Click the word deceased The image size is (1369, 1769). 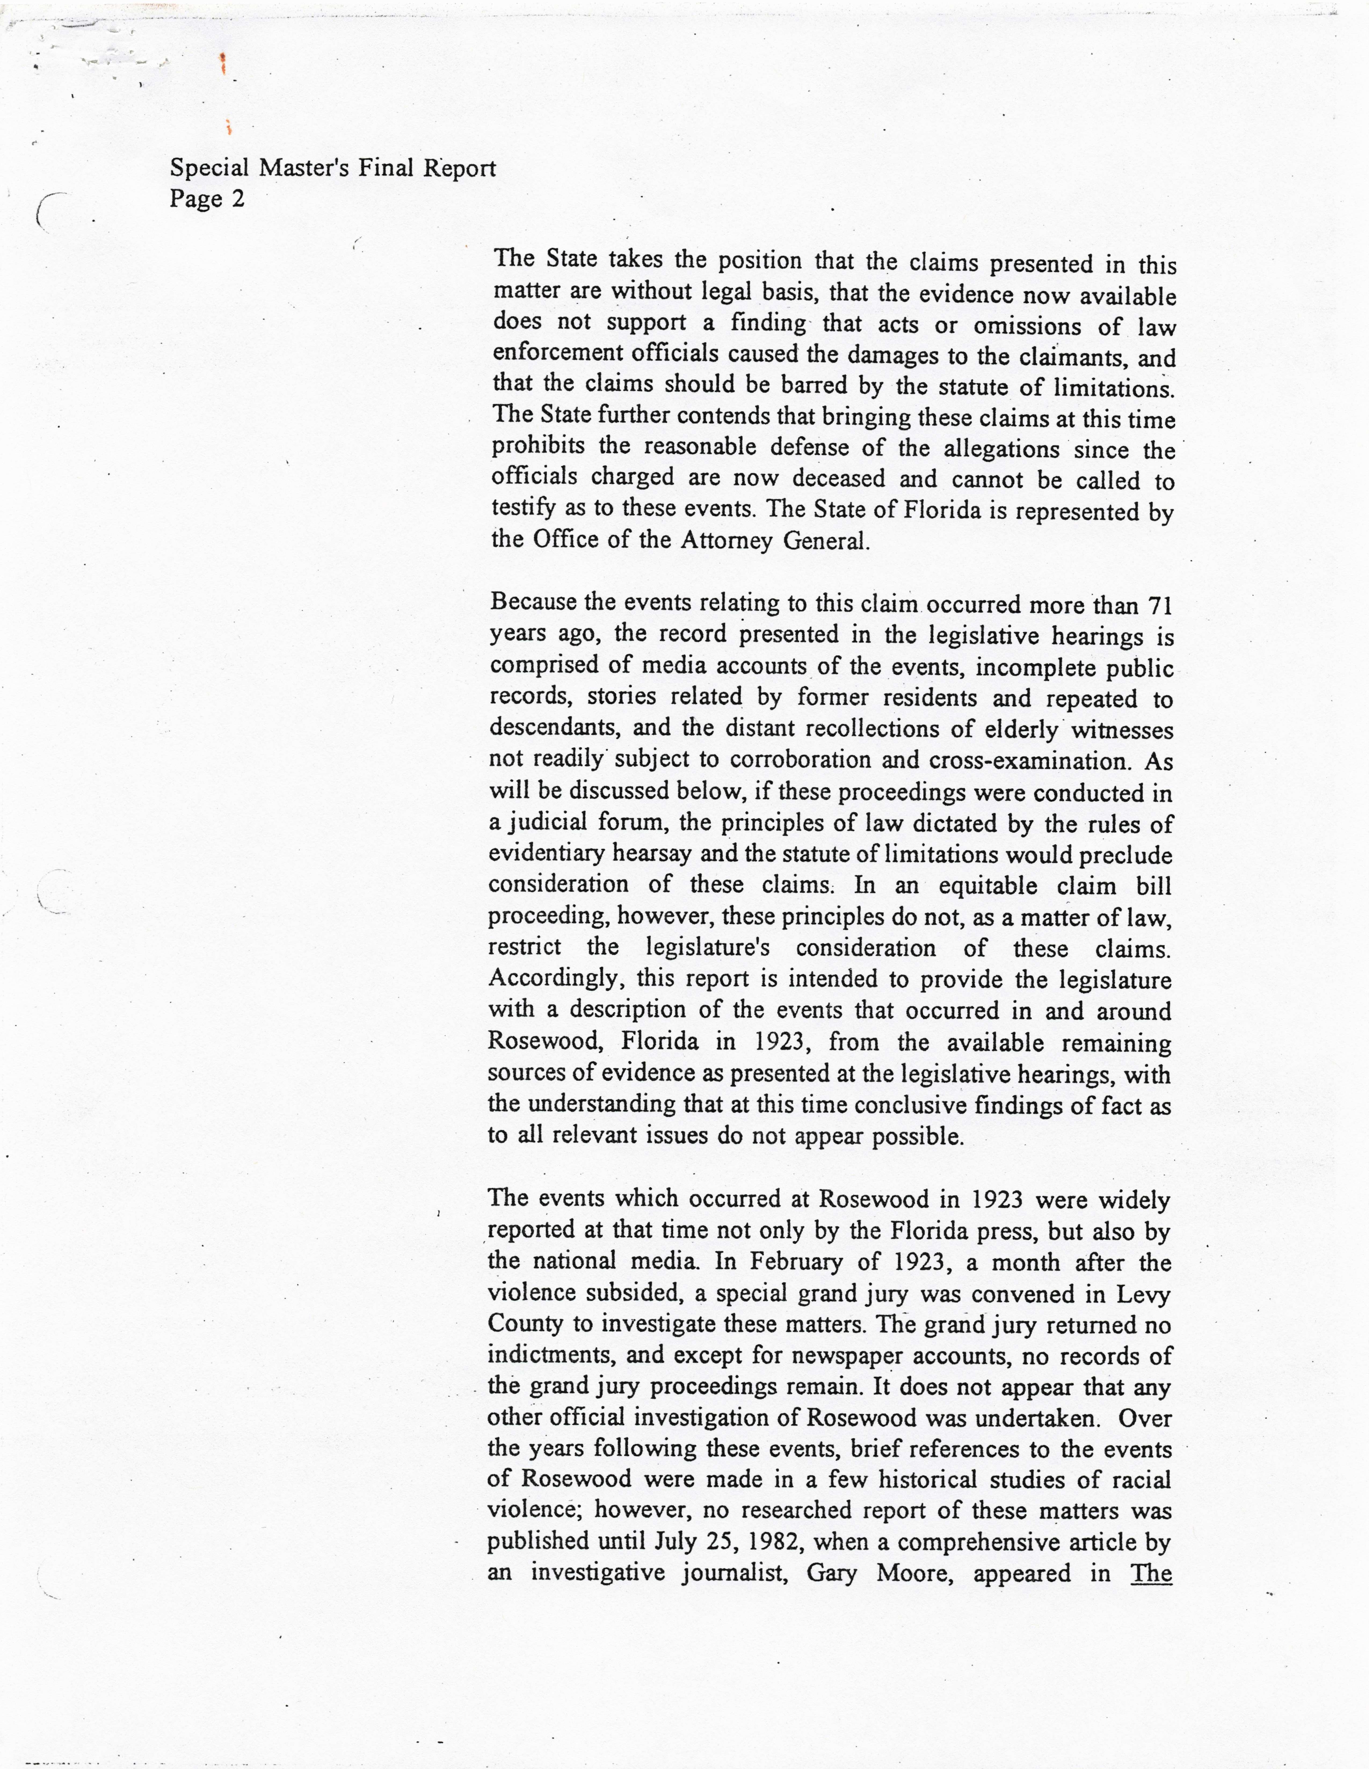point(838,479)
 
